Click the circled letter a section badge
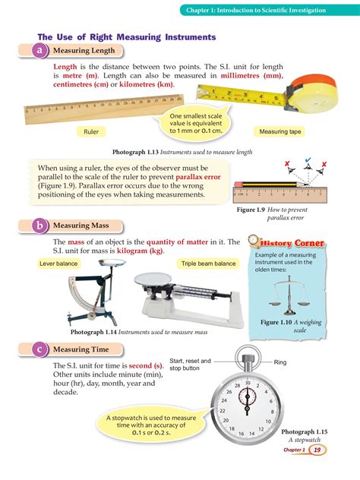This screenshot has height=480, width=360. (38, 50)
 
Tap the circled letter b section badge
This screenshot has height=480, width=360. (38, 226)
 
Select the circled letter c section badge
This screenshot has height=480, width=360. (38, 349)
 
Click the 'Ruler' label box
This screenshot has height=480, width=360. (91, 131)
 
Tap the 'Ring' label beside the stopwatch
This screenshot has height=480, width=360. (280, 363)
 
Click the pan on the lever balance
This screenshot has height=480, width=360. (112, 262)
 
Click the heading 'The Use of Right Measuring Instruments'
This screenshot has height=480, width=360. (127, 36)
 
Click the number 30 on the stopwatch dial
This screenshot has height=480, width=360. (248, 384)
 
